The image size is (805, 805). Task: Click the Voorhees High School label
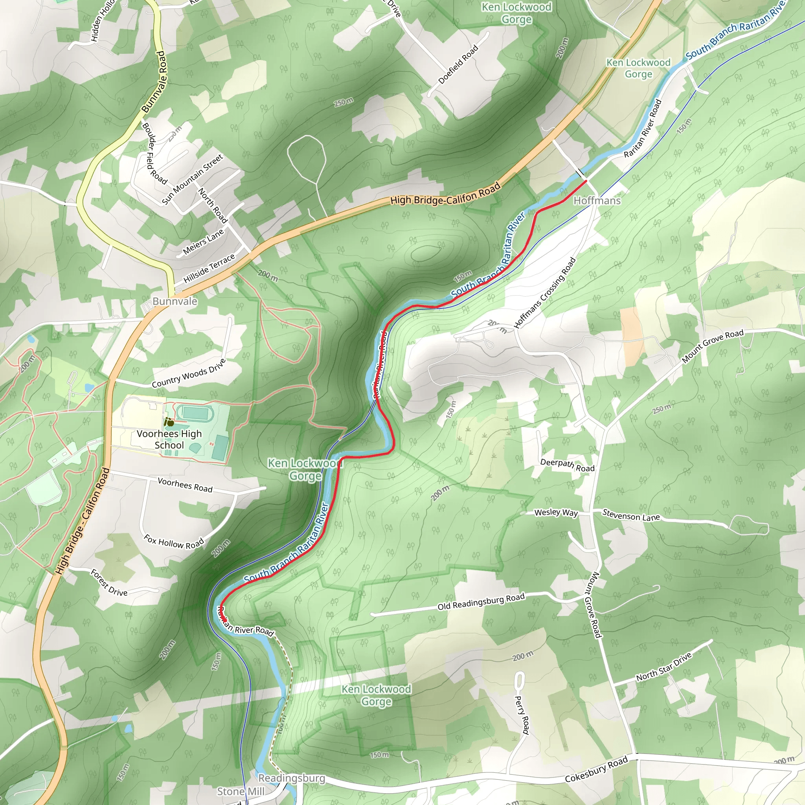coord(169,439)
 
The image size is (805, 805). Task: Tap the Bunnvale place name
coord(175,301)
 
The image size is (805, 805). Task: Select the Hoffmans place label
coord(597,201)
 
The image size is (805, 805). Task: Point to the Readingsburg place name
coord(292,778)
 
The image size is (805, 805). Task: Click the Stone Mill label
coord(241,791)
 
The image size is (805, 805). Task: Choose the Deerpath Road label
coord(567,465)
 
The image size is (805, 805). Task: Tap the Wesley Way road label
coord(556,513)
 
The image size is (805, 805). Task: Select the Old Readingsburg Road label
coord(481,602)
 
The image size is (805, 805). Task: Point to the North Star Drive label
coord(664,667)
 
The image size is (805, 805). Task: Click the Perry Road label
coord(522,715)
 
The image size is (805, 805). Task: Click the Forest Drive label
coord(109,583)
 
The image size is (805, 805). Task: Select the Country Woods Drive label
coord(189,373)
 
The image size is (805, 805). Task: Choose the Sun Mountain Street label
coord(192,179)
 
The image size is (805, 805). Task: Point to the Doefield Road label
coord(458,64)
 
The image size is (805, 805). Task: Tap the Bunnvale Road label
coord(154,82)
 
